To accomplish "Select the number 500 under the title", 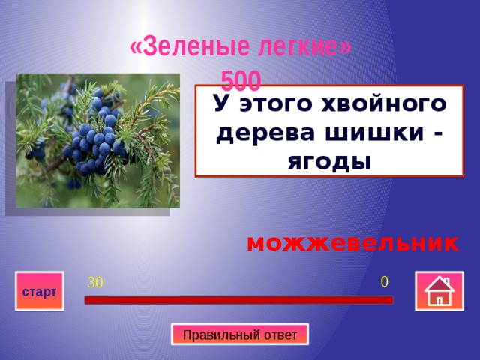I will tap(241, 79).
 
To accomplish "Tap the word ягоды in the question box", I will tap(328, 160).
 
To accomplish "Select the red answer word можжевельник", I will tap(352, 244).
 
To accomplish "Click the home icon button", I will tap(438, 292).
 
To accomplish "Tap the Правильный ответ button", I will tap(240, 334).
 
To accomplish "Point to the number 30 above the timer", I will tap(95, 283).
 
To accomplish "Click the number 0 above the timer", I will tap(384, 282).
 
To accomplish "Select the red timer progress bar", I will tap(238, 300).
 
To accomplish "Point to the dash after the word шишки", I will tap(436, 133).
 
